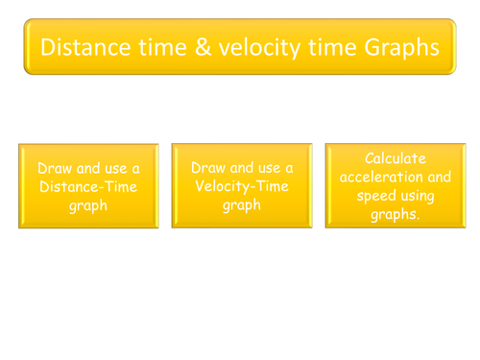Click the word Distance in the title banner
click(79, 46)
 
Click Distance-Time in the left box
click(88, 186)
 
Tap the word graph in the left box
click(88, 205)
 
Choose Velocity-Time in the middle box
click(242, 186)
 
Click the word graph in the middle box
click(242, 205)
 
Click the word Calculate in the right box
click(396, 157)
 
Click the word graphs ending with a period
click(396, 215)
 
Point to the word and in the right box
click(438, 177)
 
